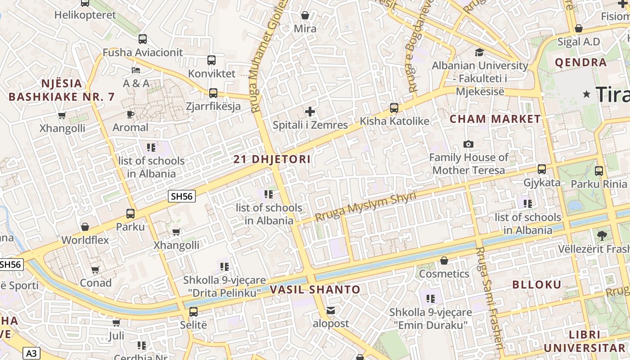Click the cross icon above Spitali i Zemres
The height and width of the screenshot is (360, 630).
tap(310, 111)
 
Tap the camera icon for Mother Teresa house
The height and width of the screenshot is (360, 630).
tap(468, 144)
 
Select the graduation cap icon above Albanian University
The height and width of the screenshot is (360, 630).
tap(479, 52)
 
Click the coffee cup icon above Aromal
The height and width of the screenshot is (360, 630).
tap(130, 114)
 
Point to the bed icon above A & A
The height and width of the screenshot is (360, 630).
tap(136, 70)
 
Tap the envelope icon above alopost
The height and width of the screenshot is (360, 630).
tap(331, 310)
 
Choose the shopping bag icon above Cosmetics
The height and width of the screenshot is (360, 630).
tap(444, 261)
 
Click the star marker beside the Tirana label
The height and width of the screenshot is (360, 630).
tap(586, 94)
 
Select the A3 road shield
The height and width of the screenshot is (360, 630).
tap(31, 353)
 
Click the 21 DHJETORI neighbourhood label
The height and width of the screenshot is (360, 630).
tap(272, 159)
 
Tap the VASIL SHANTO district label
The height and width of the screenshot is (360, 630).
tap(315, 289)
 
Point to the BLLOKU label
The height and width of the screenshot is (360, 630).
tap(537, 284)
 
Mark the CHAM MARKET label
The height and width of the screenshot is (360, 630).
tap(495, 119)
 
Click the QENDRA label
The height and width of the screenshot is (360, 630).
tap(581, 62)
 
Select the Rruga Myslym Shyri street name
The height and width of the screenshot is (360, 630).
tap(365, 207)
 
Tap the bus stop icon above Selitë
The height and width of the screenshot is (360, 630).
tap(193, 311)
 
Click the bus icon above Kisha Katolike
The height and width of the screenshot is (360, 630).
tap(394, 108)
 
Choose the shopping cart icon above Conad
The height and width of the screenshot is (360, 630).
tap(95, 270)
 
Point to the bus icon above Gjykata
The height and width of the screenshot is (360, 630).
tap(542, 169)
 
